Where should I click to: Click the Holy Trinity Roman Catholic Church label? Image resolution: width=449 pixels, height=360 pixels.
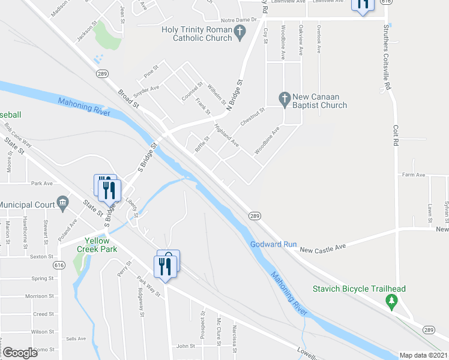click(x=197, y=34)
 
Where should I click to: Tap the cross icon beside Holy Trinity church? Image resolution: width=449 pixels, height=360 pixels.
click(x=240, y=33)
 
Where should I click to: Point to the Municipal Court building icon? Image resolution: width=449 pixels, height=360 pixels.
click(x=62, y=205)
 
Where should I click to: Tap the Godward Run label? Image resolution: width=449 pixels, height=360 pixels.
click(x=274, y=244)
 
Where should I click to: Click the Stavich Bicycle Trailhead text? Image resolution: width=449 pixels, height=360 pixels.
click(x=359, y=289)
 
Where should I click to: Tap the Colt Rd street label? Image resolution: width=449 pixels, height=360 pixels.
click(x=396, y=135)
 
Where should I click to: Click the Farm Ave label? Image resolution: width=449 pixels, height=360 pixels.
click(x=414, y=175)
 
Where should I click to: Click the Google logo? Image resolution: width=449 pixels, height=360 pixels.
click(x=20, y=353)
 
